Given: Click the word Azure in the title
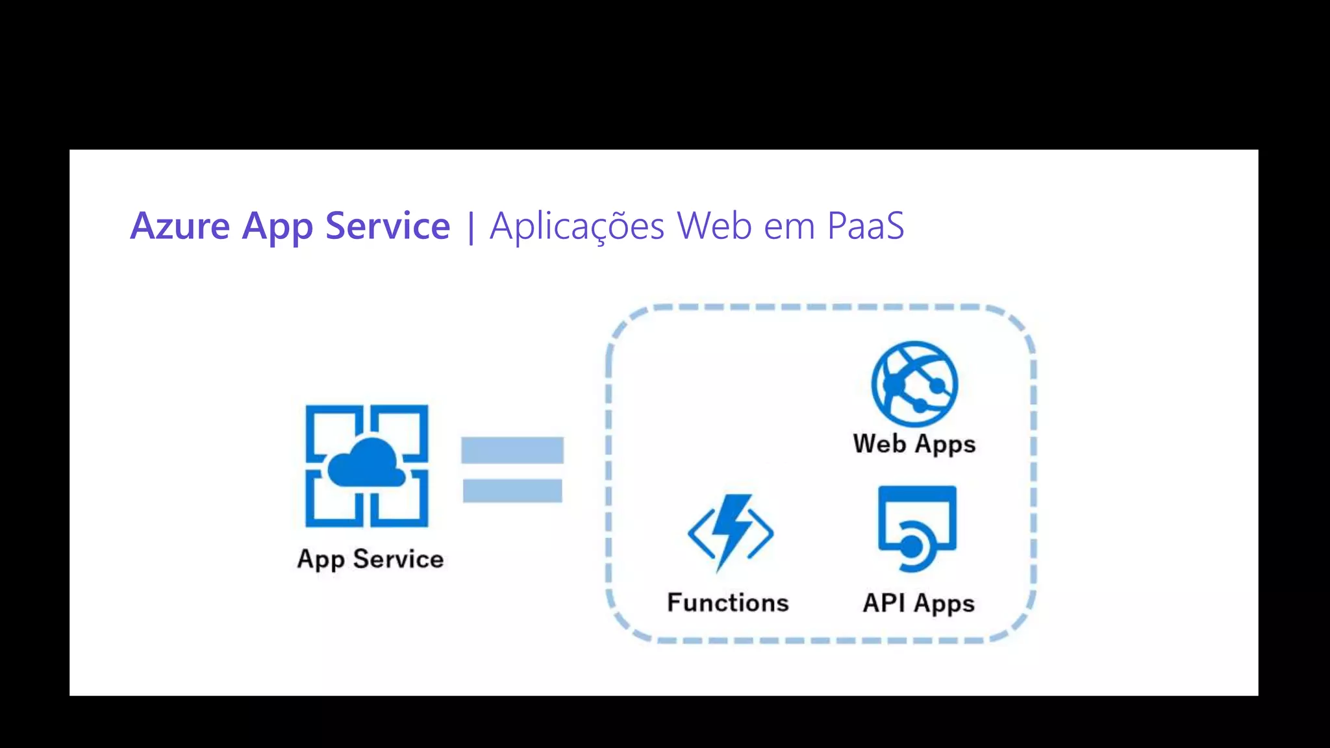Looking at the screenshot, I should tap(180, 226).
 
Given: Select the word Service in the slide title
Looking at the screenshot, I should tap(387, 226).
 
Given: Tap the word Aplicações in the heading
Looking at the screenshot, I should tap(577, 226).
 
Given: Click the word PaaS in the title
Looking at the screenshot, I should tap(865, 226).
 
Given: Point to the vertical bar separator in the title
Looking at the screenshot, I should tap(471, 227).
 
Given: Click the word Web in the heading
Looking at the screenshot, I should tap(714, 226).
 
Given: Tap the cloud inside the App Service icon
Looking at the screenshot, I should tap(366, 464).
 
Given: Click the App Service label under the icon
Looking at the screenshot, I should tap(370, 559).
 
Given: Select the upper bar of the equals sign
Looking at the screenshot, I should tap(512, 450).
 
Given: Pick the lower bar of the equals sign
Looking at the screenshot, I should tap(512, 490).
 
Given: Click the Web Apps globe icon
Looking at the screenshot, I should tap(914, 384).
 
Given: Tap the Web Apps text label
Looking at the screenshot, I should tap(914, 444).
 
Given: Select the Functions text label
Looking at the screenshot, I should tap(728, 603).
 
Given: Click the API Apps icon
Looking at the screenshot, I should tap(917, 528).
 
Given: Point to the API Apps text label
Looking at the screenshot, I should tap(918, 603).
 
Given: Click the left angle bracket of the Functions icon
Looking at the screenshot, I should tap(697, 534).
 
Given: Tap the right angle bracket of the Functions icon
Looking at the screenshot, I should tap(762, 534).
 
